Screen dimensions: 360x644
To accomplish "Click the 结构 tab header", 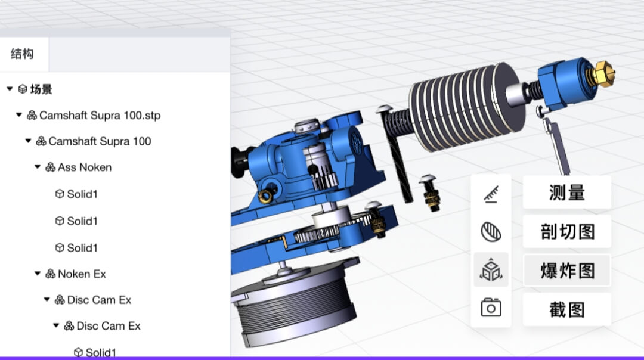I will click(23, 54).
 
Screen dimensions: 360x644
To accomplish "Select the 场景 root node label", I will click(41, 89).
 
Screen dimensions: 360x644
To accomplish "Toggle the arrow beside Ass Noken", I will click(38, 167).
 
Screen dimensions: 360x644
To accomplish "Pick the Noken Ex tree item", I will click(82, 274).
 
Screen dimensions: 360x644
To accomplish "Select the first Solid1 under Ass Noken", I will click(82, 194).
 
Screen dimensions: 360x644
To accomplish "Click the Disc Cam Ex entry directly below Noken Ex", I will click(99, 300).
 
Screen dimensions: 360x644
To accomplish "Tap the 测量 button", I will click(566, 193).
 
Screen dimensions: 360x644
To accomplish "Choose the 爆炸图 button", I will click(566, 271).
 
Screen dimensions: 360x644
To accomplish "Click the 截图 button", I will click(566, 309).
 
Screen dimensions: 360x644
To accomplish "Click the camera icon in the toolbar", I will click(491, 308).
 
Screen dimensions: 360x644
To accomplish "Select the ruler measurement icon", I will click(491, 194).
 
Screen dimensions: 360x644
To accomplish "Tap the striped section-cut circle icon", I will click(491, 231).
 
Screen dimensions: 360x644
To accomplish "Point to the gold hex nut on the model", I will click(602, 73).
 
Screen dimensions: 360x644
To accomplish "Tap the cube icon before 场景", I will click(23, 89).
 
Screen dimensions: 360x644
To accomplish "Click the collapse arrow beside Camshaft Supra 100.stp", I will click(18, 115).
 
